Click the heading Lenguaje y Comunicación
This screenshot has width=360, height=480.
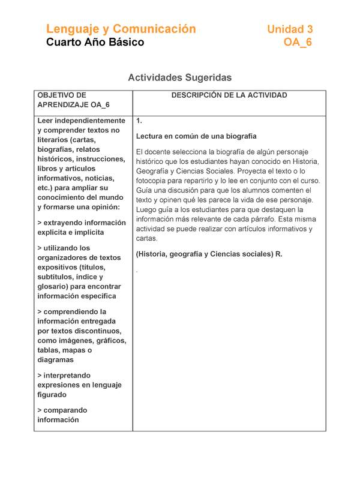pos(121,29)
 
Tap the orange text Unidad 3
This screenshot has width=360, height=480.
pos(290,29)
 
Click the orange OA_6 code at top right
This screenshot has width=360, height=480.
pos(298,43)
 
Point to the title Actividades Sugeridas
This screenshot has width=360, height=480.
pos(180,78)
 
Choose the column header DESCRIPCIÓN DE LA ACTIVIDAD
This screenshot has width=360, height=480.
pos(229,95)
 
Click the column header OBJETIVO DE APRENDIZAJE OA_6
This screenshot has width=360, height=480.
pos(73,100)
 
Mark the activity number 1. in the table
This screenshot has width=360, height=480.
pos(139,121)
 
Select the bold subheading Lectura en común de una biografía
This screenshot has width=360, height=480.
pos(196,136)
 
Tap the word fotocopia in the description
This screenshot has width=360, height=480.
pos(153,181)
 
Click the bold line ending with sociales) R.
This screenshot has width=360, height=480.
pos(209,254)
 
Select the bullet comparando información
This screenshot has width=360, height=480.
pos(62,415)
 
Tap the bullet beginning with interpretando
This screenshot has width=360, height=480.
pos(79,385)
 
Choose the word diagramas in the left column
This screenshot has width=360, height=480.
pos(56,360)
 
